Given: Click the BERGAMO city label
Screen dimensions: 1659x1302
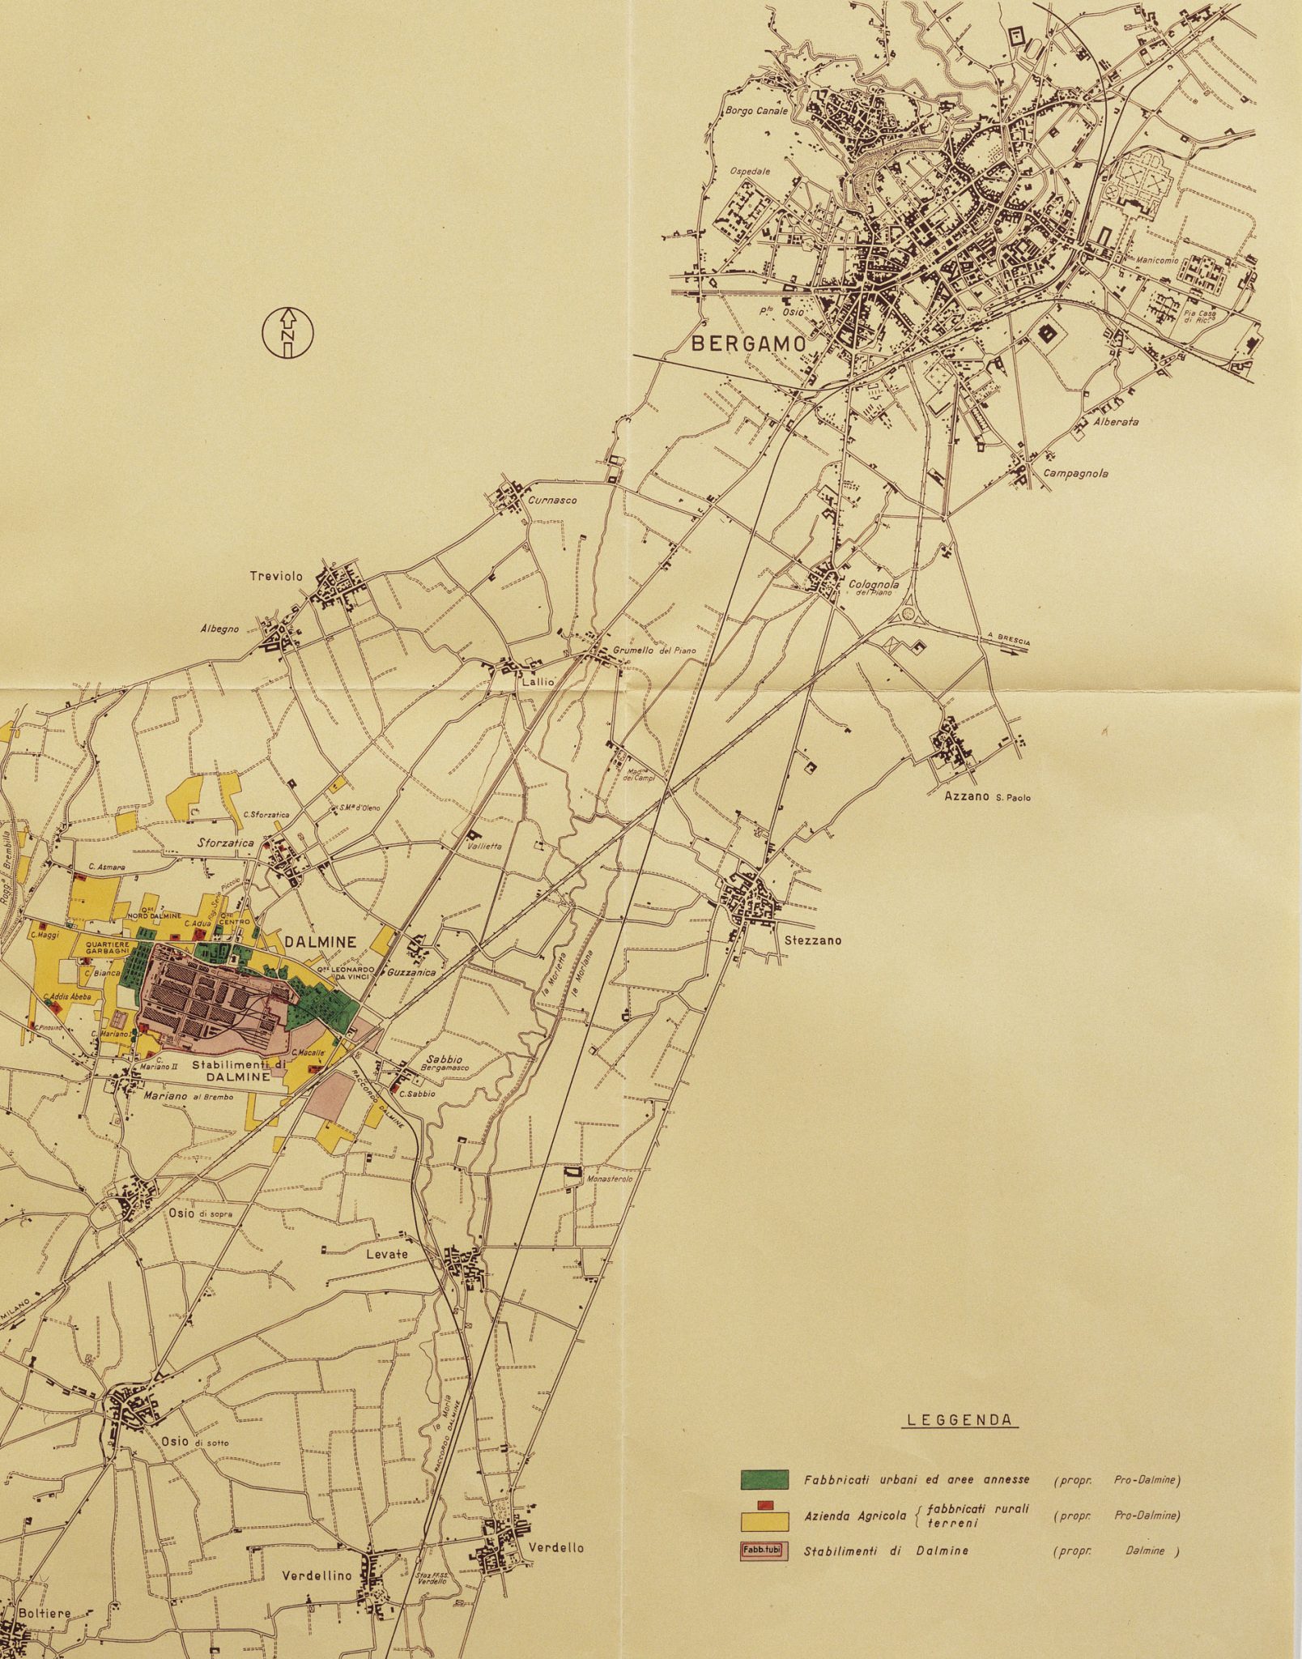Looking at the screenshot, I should (x=748, y=343).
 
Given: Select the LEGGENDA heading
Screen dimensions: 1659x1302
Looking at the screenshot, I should (x=959, y=1442).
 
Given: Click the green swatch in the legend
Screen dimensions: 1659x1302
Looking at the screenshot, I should (x=764, y=1479).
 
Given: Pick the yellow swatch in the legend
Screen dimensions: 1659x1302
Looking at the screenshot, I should (x=764, y=1516).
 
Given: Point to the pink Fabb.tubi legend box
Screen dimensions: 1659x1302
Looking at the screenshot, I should (x=764, y=1551).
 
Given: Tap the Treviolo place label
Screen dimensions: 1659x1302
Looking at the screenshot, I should (x=275, y=577).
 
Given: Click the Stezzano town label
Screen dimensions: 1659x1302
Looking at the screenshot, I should (x=813, y=940).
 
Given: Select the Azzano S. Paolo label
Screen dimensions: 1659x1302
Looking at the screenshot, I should (x=987, y=796).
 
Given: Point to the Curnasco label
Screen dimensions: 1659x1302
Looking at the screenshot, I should (x=552, y=501).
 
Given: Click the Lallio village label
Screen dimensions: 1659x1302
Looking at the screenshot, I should (x=538, y=682).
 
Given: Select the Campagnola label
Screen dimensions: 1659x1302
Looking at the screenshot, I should (x=1075, y=474).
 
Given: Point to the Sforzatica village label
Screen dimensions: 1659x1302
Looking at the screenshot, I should (x=226, y=843).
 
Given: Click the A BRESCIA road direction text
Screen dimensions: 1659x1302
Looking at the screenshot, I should (x=1009, y=639).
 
